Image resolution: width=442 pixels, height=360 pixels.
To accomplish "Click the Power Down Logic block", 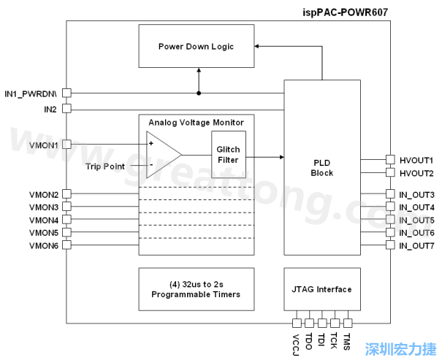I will (196, 47).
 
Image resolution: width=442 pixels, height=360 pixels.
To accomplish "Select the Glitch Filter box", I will (228, 155).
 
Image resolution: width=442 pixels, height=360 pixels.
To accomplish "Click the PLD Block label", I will (321, 168).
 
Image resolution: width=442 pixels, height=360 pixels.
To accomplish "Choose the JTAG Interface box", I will (321, 289).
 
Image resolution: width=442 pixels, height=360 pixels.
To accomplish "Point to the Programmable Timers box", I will (196, 289).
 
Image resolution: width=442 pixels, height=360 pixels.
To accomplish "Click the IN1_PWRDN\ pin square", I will (66, 93).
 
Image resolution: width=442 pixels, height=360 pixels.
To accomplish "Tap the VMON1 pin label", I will (44, 145).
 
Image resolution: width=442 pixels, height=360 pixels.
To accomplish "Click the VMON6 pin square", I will (66, 245).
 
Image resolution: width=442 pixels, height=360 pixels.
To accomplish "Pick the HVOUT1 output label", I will (416, 160).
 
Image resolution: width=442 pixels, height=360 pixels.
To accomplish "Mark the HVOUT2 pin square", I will (389, 174).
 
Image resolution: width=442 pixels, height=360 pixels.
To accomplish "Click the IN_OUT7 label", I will (416, 245).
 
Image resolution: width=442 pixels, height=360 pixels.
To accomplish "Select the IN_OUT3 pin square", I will (389, 195).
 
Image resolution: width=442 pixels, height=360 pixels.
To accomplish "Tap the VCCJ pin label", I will (297, 343).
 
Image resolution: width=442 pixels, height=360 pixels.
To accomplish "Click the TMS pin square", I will (348, 323).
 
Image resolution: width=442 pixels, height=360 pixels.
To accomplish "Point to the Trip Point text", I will (105, 167).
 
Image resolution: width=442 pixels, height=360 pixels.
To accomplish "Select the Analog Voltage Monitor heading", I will (196, 122).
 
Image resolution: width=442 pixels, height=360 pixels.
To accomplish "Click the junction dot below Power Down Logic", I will (199, 93).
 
